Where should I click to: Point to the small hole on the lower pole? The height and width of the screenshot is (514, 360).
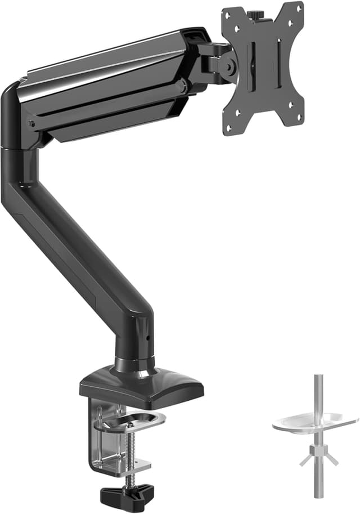coord(148,339)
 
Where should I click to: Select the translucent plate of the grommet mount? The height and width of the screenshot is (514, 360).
coord(315,422)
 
